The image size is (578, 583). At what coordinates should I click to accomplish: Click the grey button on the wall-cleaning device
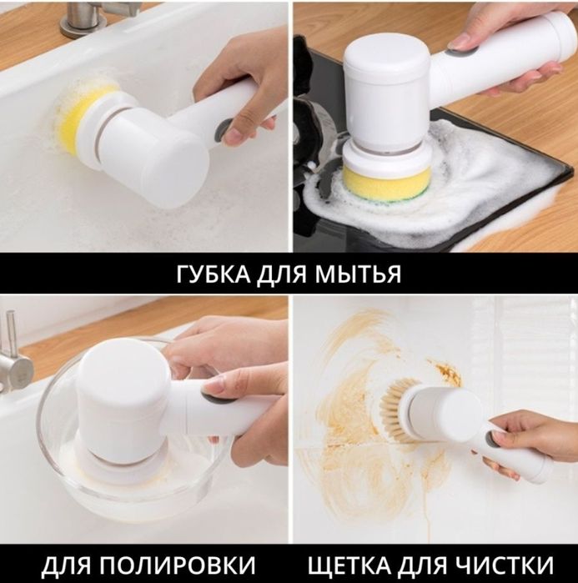click(x=490, y=437)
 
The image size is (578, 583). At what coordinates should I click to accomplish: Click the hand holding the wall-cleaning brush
click(x=534, y=442)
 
